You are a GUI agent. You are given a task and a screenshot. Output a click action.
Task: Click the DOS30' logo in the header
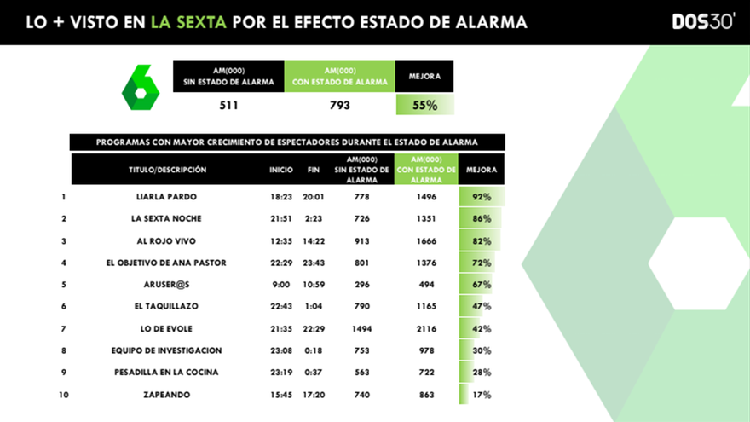click(702, 22)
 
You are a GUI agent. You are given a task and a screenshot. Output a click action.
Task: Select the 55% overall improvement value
click(424, 106)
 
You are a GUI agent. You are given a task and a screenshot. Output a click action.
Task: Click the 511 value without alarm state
click(228, 106)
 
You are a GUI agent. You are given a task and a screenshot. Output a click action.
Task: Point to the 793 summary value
click(340, 106)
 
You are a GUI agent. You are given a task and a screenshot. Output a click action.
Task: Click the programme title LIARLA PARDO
click(166, 197)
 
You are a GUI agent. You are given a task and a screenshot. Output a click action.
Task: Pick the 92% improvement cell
click(482, 197)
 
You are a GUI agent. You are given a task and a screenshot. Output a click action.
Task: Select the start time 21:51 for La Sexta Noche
click(281, 219)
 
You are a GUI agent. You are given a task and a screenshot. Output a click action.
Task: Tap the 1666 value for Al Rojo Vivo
click(426, 241)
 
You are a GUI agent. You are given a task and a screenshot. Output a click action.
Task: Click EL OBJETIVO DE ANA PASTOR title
click(166, 263)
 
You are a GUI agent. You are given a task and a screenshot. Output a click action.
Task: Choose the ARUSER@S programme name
click(166, 285)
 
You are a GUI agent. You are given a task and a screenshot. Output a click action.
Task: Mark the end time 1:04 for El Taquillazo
click(313, 307)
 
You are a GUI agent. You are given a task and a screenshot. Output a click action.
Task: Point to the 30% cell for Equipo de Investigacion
click(482, 350)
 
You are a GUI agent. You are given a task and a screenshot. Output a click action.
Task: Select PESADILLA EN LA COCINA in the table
click(166, 373)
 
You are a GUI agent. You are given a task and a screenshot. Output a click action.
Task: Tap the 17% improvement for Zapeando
click(482, 395)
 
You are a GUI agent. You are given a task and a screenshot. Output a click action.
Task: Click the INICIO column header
click(281, 170)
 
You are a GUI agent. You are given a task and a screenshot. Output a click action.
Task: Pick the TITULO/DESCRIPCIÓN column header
click(167, 170)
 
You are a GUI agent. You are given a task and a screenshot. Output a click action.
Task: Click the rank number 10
click(64, 395)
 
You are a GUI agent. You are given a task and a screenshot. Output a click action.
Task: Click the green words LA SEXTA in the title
click(189, 22)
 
